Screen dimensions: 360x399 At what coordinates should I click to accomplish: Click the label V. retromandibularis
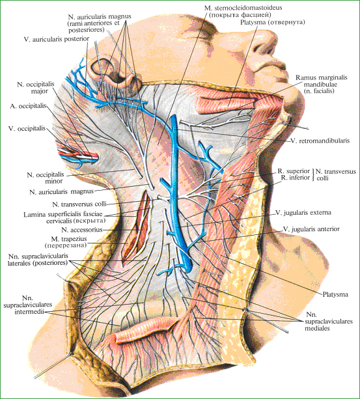click(x=320, y=141)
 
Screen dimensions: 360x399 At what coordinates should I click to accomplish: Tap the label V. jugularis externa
click(x=303, y=212)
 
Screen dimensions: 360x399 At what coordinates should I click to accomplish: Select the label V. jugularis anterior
click(x=311, y=229)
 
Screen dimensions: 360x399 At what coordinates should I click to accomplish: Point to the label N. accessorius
click(x=81, y=230)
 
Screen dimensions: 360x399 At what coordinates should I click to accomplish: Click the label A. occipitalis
click(x=28, y=106)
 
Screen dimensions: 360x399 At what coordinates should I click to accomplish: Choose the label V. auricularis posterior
click(x=57, y=39)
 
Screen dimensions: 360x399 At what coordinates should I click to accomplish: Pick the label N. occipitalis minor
click(x=46, y=178)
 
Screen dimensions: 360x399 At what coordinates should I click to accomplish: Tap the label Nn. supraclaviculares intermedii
click(x=28, y=305)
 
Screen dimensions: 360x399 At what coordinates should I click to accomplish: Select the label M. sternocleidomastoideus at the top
click(x=243, y=8)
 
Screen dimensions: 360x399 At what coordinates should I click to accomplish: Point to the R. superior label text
click(x=294, y=171)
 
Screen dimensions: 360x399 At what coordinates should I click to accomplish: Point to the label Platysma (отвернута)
click(x=273, y=22)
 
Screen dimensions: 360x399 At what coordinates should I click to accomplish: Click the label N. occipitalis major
click(x=36, y=87)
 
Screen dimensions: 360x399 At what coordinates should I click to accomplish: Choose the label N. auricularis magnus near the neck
click(x=62, y=191)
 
